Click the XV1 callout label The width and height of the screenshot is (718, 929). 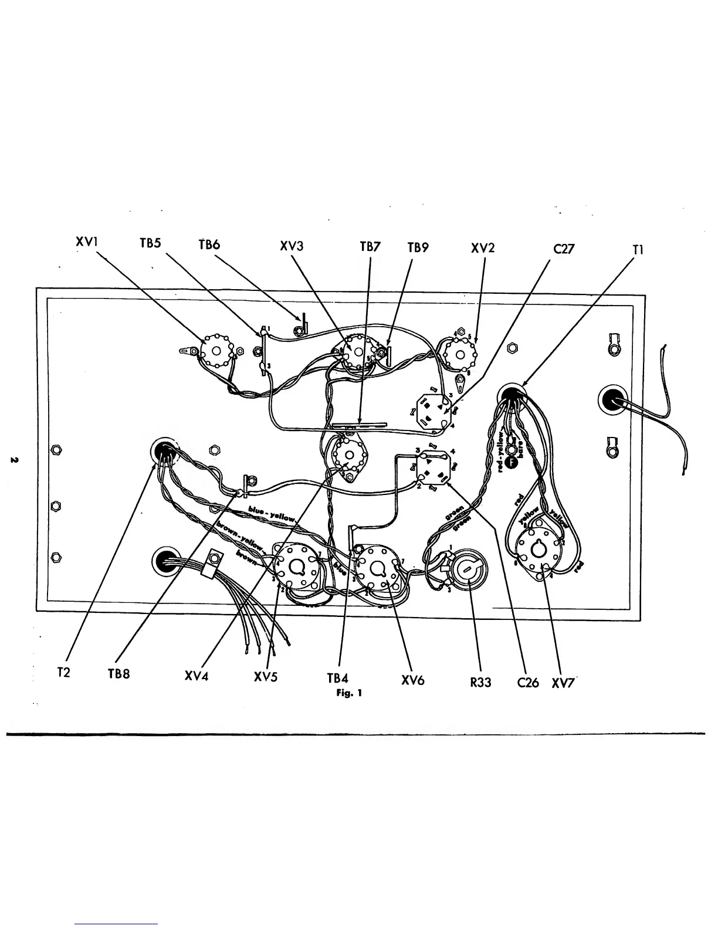click(86, 243)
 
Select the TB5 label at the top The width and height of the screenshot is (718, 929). click(150, 243)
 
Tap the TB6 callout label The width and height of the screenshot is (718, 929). click(208, 245)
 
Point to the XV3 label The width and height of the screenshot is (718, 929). click(292, 246)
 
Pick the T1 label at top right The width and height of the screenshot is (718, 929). click(638, 249)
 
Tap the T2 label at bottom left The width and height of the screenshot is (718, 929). click(63, 673)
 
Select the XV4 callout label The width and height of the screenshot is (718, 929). click(197, 676)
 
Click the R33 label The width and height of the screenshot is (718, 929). click(480, 683)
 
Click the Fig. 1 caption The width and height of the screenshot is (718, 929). click(349, 693)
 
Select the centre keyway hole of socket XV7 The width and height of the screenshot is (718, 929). click(538, 549)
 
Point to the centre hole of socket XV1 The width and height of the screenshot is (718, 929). click(216, 351)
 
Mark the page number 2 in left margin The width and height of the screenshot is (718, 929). click(13, 459)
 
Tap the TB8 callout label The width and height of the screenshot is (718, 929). click(118, 674)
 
